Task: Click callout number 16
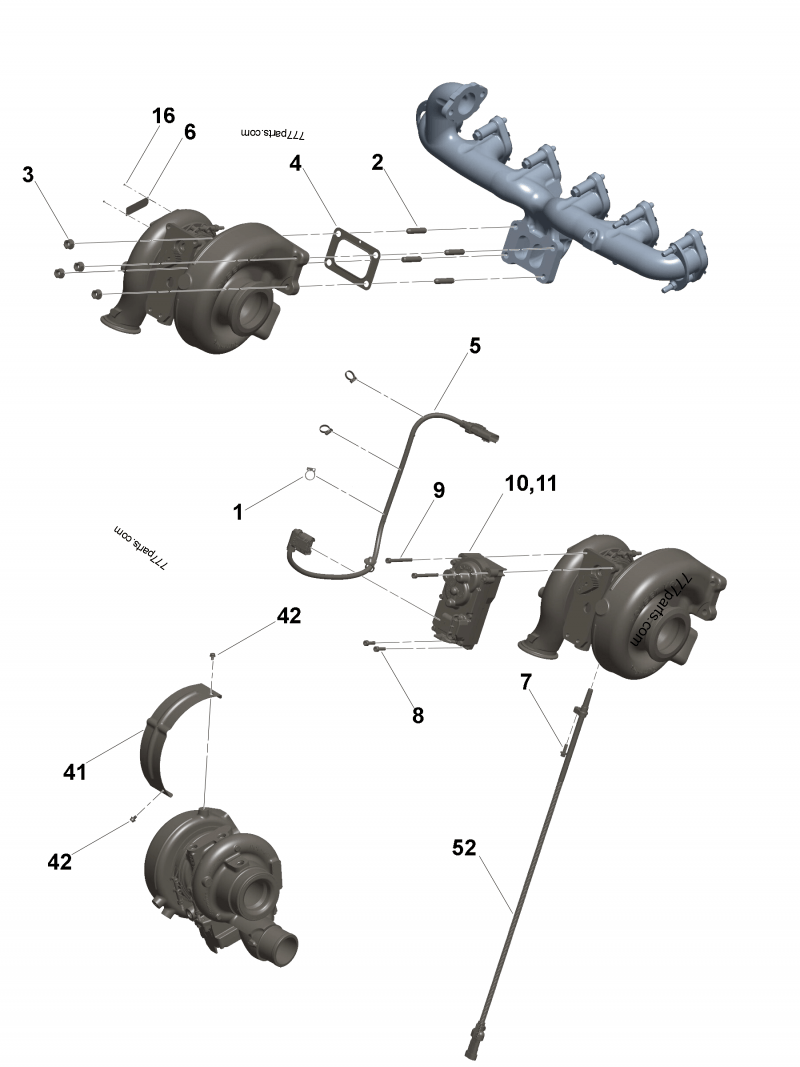tap(163, 115)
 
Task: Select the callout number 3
tap(28, 174)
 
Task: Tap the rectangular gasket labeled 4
tap(352, 258)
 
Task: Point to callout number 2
tap(377, 164)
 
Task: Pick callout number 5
tap(475, 346)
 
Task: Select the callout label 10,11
tap(532, 484)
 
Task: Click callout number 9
tap(438, 490)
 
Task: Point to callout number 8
tap(418, 715)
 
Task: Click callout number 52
tap(464, 848)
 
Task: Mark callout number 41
tap(75, 772)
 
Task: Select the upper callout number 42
tap(288, 616)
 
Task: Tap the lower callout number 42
tap(60, 861)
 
